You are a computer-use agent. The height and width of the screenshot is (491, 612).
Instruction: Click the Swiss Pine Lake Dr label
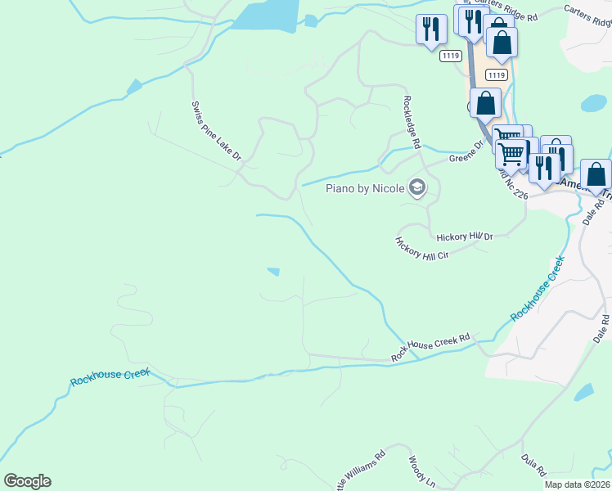point(216,130)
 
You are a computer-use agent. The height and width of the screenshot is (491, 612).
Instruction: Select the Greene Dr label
point(462,155)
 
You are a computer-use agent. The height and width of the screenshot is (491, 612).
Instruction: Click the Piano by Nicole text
point(365,188)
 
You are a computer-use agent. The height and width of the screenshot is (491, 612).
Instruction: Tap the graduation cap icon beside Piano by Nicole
point(417,188)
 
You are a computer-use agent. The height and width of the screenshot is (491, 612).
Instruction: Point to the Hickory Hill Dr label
point(465,236)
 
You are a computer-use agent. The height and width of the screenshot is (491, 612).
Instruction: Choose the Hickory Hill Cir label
point(422,250)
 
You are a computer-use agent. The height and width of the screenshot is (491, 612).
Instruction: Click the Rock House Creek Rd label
point(430,347)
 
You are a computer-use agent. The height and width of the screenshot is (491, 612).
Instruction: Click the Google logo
point(27,481)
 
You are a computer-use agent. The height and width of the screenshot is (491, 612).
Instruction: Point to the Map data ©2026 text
point(577,484)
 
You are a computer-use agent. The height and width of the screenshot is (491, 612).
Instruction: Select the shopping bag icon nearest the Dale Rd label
point(596,174)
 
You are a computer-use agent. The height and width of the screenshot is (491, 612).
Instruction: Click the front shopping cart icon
point(511,153)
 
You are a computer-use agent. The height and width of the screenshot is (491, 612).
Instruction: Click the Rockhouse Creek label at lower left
point(110,376)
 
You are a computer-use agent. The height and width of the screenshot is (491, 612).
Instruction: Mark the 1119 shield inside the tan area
point(495,74)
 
